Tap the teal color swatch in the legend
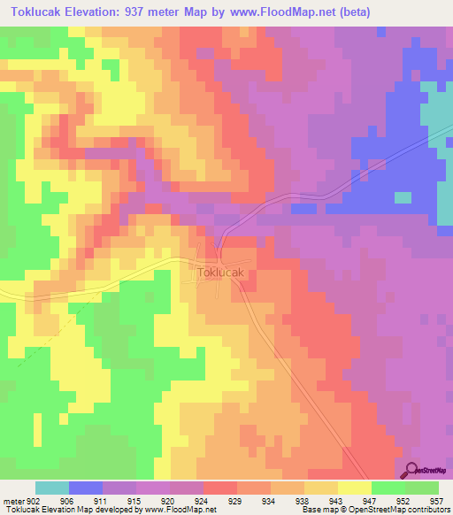click(x=52, y=488)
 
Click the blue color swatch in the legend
click(x=86, y=488)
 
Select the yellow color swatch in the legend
click(x=355, y=488)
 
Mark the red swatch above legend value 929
click(x=220, y=488)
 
